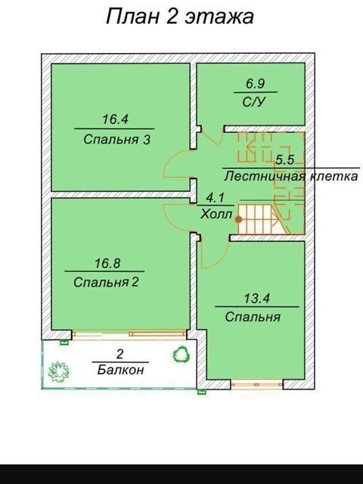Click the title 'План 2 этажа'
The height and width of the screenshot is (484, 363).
coord(180,17)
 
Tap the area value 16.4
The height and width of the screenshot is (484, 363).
coord(115,119)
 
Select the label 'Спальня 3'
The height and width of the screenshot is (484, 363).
coord(116,139)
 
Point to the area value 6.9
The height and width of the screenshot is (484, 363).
coord(256,84)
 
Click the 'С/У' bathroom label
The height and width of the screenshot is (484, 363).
coord(254,102)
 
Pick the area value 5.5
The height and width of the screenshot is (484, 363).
coord(284,160)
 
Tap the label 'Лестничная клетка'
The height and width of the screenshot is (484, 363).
coord(291,176)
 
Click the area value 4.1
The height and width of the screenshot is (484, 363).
coord(215,197)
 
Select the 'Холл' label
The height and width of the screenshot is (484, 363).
coord(216,214)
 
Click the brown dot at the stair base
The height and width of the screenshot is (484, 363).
coord(238,219)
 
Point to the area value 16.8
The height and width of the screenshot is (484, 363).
coord(107,263)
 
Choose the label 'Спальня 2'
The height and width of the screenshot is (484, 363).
coord(106,282)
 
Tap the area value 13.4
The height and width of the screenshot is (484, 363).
coord(257,299)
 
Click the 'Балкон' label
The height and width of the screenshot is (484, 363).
coord(120,370)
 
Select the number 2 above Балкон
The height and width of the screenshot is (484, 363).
coord(120,354)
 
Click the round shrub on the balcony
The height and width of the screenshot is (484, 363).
coord(181,354)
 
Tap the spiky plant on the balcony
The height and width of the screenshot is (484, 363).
coord(58,371)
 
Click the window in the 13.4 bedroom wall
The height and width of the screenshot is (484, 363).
coord(257,385)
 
